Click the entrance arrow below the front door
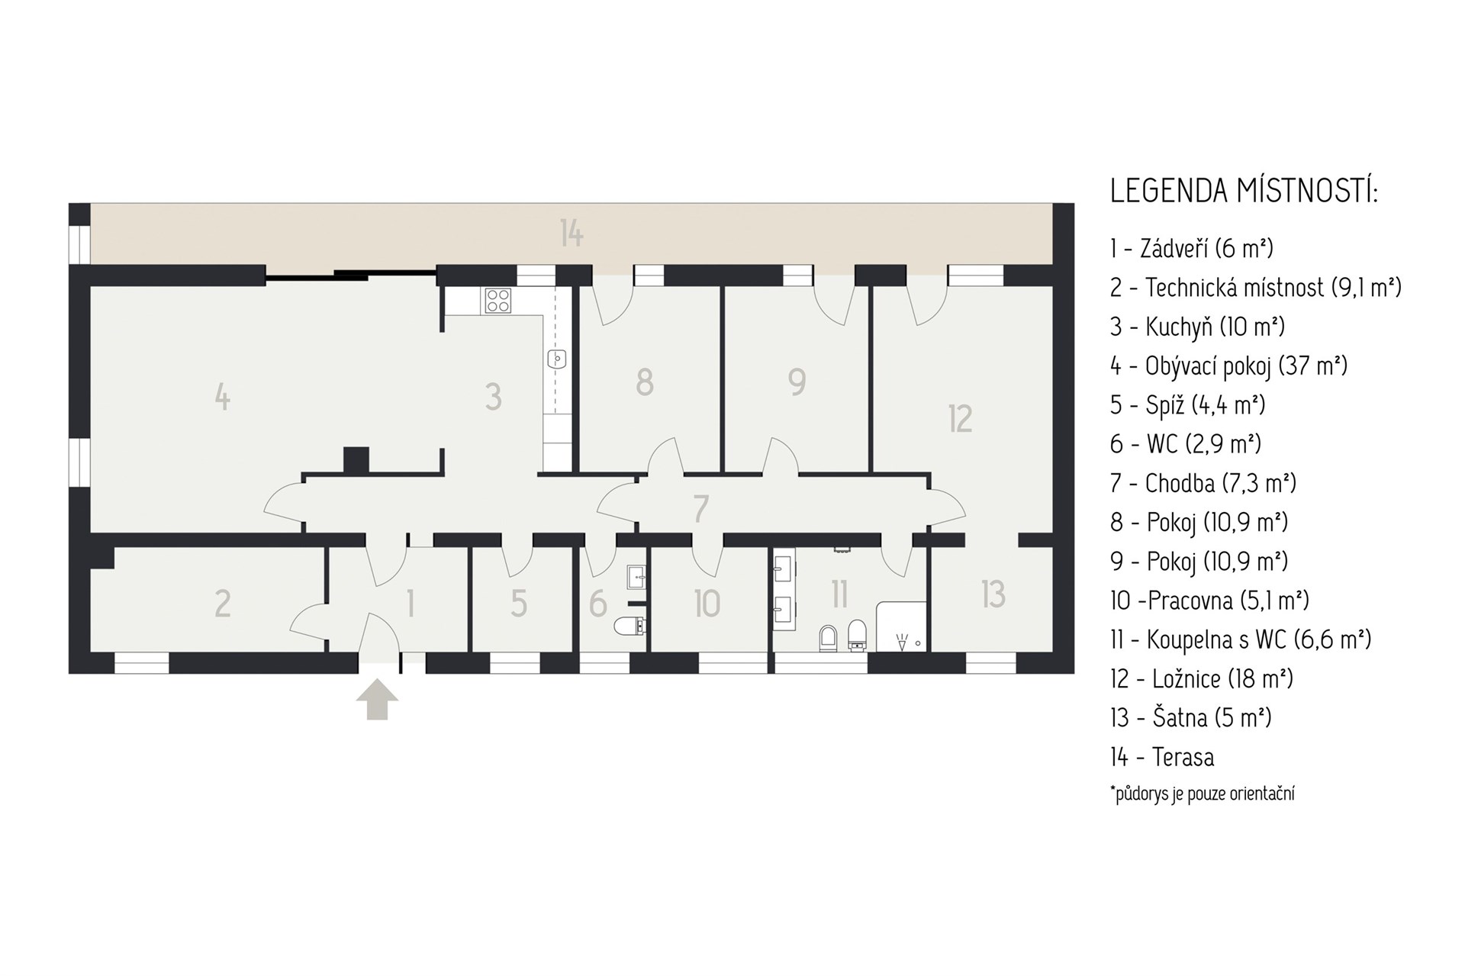(377, 700)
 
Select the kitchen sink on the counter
(558, 358)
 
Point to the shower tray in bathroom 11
(902, 627)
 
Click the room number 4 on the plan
(222, 397)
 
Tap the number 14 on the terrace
(572, 233)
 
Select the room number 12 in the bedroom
(960, 419)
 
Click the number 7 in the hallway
(701, 509)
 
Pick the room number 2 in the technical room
(222, 603)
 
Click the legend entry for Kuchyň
(1197, 327)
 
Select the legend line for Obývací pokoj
(1228, 366)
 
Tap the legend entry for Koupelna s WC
(1241, 639)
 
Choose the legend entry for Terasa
(1162, 757)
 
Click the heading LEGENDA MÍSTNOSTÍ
(1244, 192)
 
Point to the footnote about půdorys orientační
(1203, 794)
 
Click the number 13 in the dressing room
(993, 594)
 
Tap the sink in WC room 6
(637, 577)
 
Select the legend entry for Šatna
(1191, 718)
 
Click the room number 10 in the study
(707, 604)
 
